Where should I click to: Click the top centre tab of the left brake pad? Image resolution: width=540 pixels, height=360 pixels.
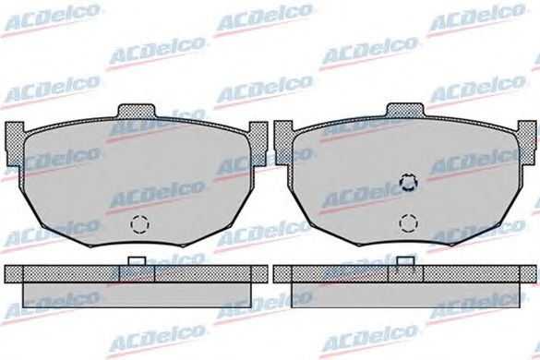pyautogui.click(x=137, y=112)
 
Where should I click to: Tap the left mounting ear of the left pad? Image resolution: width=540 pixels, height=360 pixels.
pyautogui.click(x=14, y=143)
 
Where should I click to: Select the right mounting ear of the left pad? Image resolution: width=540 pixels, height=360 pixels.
pyautogui.click(x=258, y=143)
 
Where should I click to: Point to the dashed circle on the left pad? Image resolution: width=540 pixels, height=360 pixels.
pyautogui.click(x=139, y=224)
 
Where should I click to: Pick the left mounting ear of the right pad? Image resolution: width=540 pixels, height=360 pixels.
pyautogui.click(x=282, y=143)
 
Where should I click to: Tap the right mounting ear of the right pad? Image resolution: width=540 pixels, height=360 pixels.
pyautogui.click(x=527, y=143)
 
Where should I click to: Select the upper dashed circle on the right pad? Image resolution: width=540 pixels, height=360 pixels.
pyautogui.click(x=408, y=182)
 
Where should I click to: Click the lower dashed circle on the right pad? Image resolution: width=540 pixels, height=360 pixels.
pyautogui.click(x=408, y=222)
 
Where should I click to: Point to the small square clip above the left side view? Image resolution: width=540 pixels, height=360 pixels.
pyautogui.click(x=137, y=261)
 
